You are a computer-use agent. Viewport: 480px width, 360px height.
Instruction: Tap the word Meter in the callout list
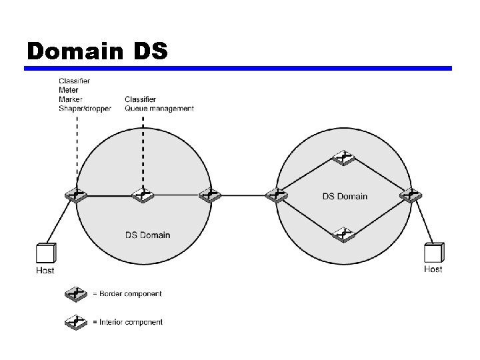(x=68, y=90)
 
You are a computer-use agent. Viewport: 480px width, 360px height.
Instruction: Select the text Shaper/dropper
(x=85, y=108)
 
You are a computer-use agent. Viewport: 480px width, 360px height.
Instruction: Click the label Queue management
(x=159, y=108)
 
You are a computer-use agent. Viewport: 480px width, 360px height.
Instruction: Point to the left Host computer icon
(x=45, y=254)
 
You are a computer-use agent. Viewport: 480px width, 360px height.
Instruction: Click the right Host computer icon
(x=433, y=253)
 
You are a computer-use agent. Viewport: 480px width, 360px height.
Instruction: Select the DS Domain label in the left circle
(x=147, y=235)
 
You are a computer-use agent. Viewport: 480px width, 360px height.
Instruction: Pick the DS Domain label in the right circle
(x=345, y=196)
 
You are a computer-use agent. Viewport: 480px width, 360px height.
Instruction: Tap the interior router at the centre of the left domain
(x=143, y=195)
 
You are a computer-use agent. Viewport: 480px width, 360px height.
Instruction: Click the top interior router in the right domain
(x=343, y=159)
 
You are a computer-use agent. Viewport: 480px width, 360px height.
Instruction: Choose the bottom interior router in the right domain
(x=343, y=234)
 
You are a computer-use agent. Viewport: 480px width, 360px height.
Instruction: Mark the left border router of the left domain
(x=76, y=195)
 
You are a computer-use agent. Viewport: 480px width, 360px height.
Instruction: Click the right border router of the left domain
(x=209, y=195)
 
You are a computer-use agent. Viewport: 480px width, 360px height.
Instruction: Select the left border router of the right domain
(x=275, y=195)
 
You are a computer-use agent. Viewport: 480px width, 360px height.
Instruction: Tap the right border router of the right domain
(x=410, y=195)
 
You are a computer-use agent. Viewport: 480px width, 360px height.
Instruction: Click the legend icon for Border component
(x=75, y=293)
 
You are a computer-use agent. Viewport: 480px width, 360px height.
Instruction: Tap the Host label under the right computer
(x=433, y=269)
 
